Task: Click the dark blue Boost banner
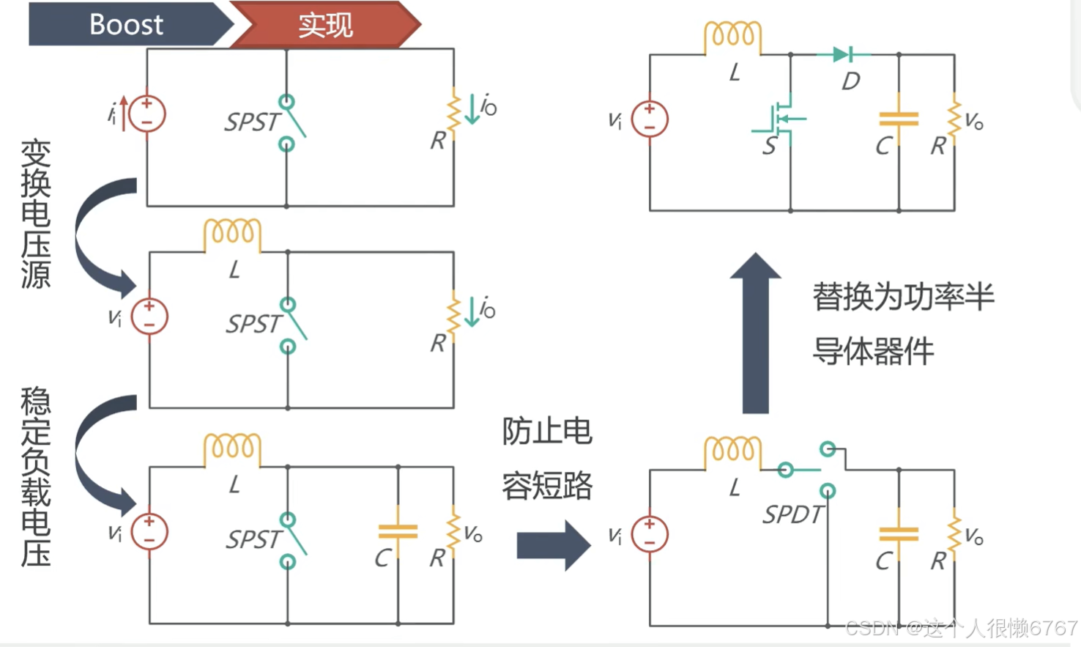pyautogui.click(x=126, y=24)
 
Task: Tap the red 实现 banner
pyautogui.click(x=325, y=25)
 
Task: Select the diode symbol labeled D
pyautogui.click(x=842, y=54)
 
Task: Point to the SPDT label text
pyautogui.click(x=792, y=514)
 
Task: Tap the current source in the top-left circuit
pyautogui.click(x=147, y=114)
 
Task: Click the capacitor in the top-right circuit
pyautogui.click(x=899, y=119)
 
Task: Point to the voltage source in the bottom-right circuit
pyautogui.click(x=650, y=534)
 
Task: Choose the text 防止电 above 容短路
pyautogui.click(x=546, y=432)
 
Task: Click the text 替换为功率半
pyautogui.click(x=903, y=297)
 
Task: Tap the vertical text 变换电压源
pyautogui.click(x=36, y=214)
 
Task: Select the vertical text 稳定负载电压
pyautogui.click(x=36, y=477)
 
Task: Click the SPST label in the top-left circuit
pyautogui.click(x=252, y=122)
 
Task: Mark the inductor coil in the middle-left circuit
pyautogui.click(x=232, y=234)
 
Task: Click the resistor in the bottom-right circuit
pyautogui.click(x=954, y=534)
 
